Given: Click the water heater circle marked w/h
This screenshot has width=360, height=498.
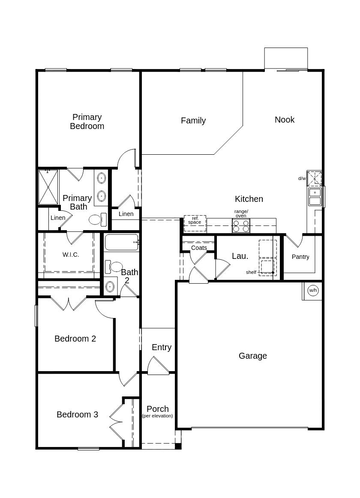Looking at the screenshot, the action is tap(313, 290).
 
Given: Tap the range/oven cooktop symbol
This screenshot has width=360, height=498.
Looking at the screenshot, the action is tap(241, 225).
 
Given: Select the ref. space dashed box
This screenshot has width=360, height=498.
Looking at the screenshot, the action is tap(195, 223).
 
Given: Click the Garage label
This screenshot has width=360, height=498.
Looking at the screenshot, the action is tap(252, 356).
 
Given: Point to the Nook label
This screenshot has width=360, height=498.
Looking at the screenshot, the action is tap(285, 120).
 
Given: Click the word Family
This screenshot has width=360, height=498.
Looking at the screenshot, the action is tap(193, 121).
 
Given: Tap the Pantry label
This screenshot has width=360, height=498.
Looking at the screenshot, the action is tap(300, 257).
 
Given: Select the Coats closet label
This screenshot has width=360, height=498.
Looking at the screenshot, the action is tap(199, 248).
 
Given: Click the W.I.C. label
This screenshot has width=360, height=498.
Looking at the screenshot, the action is tap(71, 255).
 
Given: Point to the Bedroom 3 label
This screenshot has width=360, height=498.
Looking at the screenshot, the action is tap(77, 414).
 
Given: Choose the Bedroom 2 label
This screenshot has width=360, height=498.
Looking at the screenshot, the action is tap(75, 339).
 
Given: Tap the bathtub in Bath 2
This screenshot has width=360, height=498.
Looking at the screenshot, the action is tap(121, 243).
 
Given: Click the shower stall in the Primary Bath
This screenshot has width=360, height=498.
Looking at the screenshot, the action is tap(48, 187).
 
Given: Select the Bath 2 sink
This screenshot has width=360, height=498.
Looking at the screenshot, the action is tap(110, 286).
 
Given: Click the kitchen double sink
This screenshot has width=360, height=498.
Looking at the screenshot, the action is tap(315, 197).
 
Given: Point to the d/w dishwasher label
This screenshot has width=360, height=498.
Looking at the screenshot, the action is tap(302, 178).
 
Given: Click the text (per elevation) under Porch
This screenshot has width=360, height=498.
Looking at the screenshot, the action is tap(158, 416).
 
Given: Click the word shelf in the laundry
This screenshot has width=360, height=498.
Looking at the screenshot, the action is tap(251, 272).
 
